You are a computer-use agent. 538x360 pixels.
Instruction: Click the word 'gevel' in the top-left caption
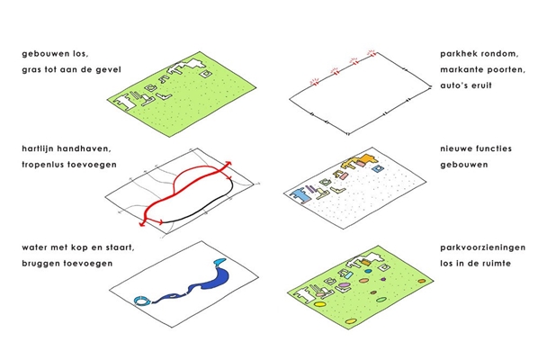pyautogui.click(x=108, y=69)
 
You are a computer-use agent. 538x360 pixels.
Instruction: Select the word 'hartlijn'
pyautogui.click(x=38, y=148)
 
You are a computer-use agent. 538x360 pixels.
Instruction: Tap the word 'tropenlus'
pyautogui.click(x=42, y=165)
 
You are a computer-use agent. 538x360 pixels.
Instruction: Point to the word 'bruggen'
pyautogui.click(x=39, y=264)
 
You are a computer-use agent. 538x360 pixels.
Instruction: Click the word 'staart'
pyautogui.click(x=121, y=247)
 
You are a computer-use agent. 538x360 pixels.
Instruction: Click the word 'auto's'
pyautogui.click(x=453, y=85)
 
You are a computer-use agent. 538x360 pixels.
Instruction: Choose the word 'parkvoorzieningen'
pyautogui.click(x=483, y=247)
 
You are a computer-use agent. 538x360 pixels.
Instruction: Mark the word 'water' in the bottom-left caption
pyautogui.click(x=33, y=247)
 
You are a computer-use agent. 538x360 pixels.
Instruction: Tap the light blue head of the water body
pyautogui.click(x=219, y=262)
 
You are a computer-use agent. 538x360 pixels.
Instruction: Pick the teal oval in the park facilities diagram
pyautogui.click(x=368, y=271)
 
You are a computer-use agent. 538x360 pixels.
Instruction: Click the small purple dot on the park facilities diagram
pyautogui.click(x=383, y=279)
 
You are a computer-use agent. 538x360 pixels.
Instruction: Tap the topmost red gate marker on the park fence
pyautogui.click(x=372, y=53)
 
